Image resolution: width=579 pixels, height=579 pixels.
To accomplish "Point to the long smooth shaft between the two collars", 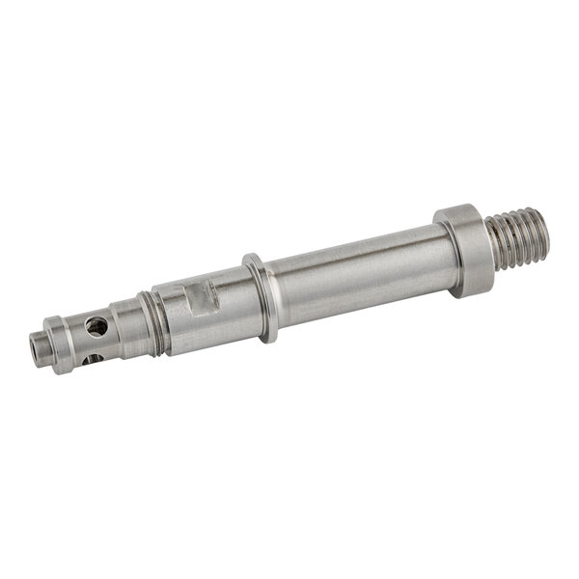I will pos(357,280).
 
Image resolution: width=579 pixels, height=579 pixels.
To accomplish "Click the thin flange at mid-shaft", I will pos(260,298).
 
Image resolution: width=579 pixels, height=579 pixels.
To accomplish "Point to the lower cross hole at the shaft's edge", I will pos(93,359).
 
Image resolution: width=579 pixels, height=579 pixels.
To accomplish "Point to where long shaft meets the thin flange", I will pos(272,294).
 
